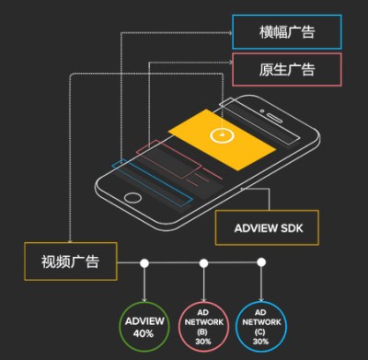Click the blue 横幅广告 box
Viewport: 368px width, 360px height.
[x=286, y=31]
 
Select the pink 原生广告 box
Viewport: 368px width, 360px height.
[x=286, y=68]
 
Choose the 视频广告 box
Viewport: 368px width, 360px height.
[x=71, y=261]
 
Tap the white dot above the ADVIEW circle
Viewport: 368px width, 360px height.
[x=144, y=263]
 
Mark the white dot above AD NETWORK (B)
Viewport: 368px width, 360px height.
[x=202, y=263]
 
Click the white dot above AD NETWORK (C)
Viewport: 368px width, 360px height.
[x=261, y=263]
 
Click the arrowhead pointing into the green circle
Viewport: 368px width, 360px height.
[x=144, y=298]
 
